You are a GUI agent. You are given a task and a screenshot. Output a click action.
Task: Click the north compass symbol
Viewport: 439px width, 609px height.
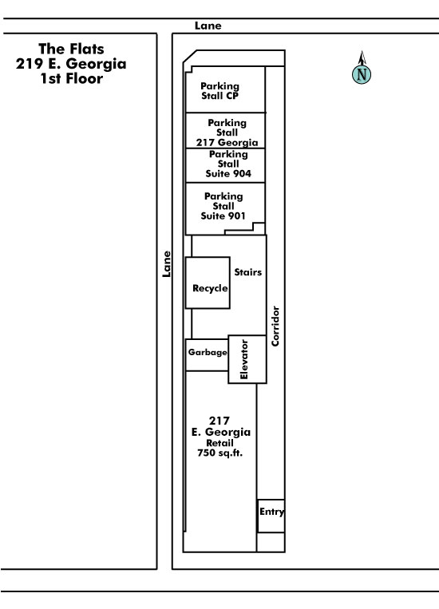pyautogui.click(x=362, y=69)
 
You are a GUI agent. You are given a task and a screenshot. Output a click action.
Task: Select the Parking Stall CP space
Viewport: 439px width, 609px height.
pyautogui.click(x=225, y=89)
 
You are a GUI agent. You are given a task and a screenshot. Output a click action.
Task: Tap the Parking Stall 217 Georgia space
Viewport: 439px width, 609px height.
pyautogui.click(x=225, y=131)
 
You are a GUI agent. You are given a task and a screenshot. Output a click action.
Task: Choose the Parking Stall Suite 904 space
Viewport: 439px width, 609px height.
pyautogui.click(x=225, y=165)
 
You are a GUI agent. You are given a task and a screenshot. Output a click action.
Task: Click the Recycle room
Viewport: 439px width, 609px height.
pyautogui.click(x=208, y=283)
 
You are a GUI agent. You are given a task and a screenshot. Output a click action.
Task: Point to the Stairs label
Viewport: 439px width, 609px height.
pyautogui.click(x=248, y=272)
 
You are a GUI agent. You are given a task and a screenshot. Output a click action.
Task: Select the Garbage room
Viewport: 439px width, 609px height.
pyautogui.click(x=207, y=354)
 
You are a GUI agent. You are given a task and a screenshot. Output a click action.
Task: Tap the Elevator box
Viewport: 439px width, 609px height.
pyautogui.click(x=247, y=359)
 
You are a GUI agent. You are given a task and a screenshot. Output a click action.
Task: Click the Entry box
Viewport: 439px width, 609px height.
pyautogui.click(x=271, y=516)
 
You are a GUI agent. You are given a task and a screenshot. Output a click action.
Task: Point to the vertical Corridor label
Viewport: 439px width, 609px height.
pyautogui.click(x=275, y=326)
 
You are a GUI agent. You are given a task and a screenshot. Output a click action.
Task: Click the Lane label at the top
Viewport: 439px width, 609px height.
pyautogui.click(x=208, y=26)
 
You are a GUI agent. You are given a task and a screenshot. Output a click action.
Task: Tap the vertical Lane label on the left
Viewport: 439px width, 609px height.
pyautogui.click(x=166, y=263)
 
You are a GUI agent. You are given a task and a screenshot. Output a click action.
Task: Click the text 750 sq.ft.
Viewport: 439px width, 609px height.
pyautogui.click(x=219, y=453)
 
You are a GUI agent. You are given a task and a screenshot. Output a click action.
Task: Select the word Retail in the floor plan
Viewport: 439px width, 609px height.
pyautogui.click(x=219, y=443)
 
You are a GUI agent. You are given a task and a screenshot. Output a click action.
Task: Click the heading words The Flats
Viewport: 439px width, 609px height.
pyautogui.click(x=72, y=49)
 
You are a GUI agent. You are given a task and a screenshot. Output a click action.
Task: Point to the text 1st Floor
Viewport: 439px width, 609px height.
pyautogui.click(x=72, y=78)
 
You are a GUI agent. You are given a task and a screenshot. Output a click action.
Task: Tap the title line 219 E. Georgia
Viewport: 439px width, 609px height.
pyautogui.click(x=71, y=64)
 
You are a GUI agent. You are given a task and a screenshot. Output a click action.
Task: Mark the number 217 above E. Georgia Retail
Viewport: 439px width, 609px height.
pyautogui.click(x=219, y=421)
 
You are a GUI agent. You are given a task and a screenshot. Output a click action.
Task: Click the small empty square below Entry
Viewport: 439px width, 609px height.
pyautogui.click(x=271, y=542)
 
